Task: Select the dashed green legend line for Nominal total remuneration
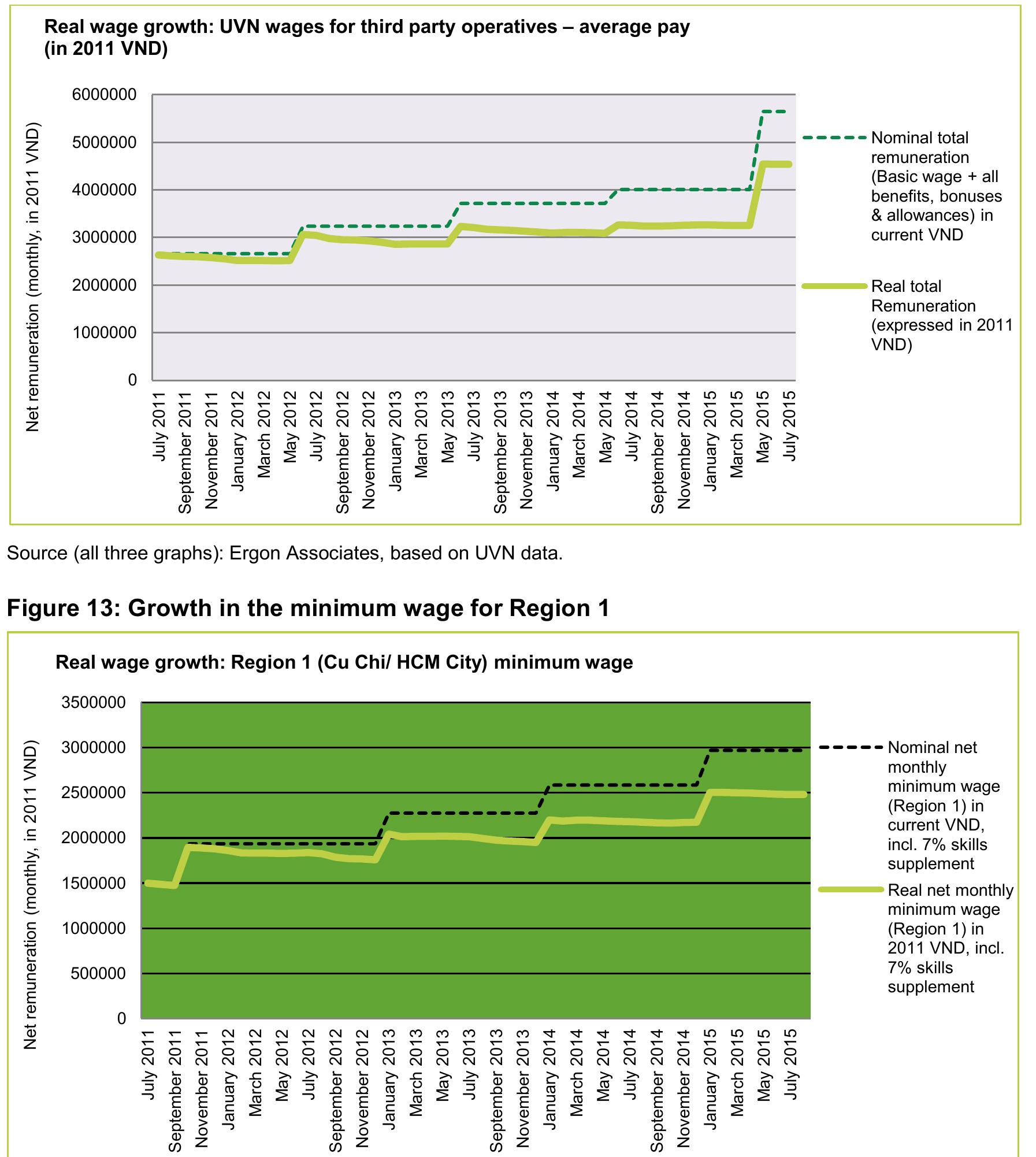click(x=834, y=138)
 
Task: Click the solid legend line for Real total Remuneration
click(x=834, y=287)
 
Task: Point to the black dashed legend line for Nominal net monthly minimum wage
click(x=851, y=748)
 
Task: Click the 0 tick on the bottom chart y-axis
click(x=121, y=1019)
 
